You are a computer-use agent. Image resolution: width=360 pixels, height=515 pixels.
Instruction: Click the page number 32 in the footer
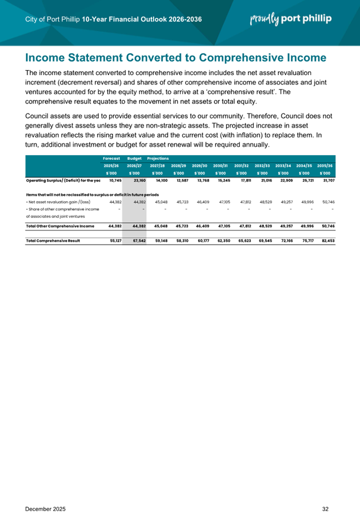[x=326, y=494]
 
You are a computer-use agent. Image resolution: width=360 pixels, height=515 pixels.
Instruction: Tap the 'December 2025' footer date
[x=46, y=494]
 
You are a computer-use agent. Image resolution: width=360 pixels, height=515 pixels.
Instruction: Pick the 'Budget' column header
[x=134, y=159]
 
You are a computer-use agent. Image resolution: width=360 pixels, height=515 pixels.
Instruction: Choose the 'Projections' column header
[x=159, y=159]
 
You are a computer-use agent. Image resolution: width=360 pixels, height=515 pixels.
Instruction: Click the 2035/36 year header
[x=326, y=165]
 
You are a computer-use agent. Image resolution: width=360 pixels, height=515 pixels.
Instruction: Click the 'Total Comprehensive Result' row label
[x=53, y=241]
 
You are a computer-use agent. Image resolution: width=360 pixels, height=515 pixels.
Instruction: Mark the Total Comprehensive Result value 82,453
[x=327, y=241]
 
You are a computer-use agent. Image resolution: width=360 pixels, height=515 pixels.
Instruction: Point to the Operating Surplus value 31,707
[x=327, y=180]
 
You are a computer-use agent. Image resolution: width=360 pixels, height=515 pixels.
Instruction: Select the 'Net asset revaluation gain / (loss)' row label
[x=58, y=202]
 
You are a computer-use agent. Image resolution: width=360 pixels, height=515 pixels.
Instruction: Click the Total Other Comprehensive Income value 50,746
[x=327, y=225]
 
